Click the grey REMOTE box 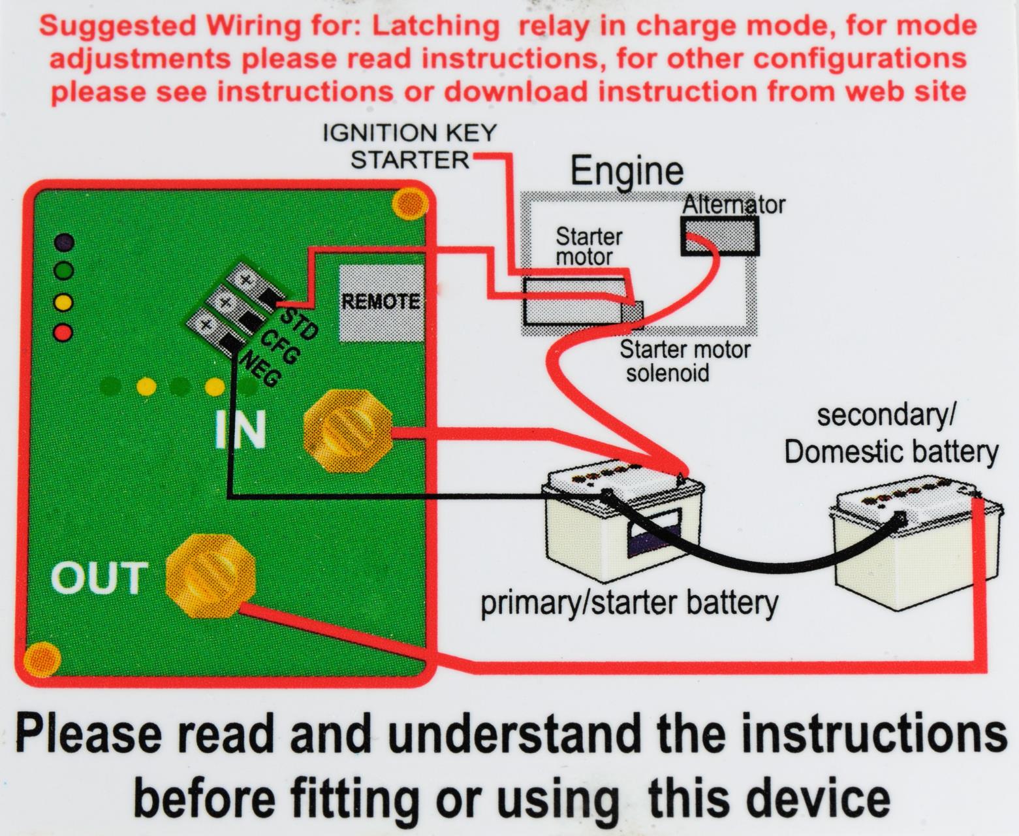[x=381, y=302]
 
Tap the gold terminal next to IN [x=348, y=430]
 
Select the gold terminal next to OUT [x=210, y=577]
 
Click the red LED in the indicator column [x=63, y=332]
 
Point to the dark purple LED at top [x=63, y=243]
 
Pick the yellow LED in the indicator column [x=63, y=302]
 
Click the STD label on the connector [x=300, y=323]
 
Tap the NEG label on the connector [x=260, y=369]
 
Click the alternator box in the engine [x=720, y=235]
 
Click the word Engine [x=627, y=171]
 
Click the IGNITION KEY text [x=410, y=133]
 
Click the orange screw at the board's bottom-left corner [x=42, y=659]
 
